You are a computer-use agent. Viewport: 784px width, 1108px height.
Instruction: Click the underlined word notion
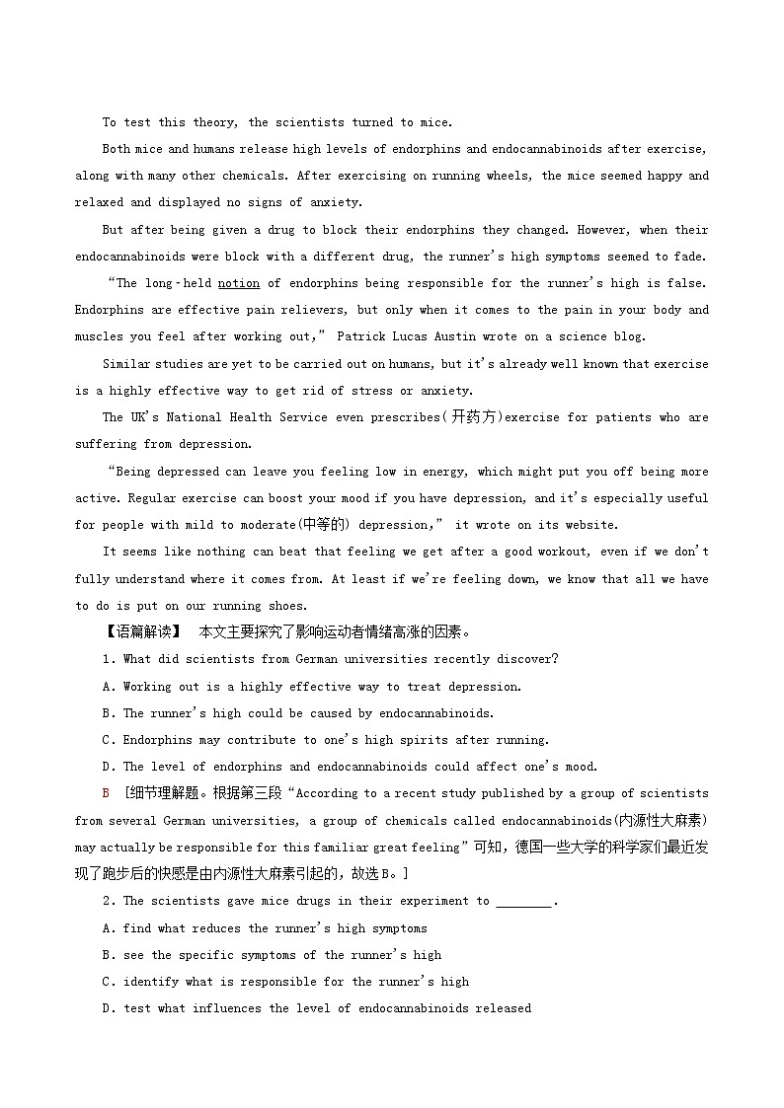point(239,283)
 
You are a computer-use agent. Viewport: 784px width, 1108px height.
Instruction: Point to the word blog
point(629,336)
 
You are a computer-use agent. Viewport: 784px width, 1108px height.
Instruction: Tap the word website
point(588,525)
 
